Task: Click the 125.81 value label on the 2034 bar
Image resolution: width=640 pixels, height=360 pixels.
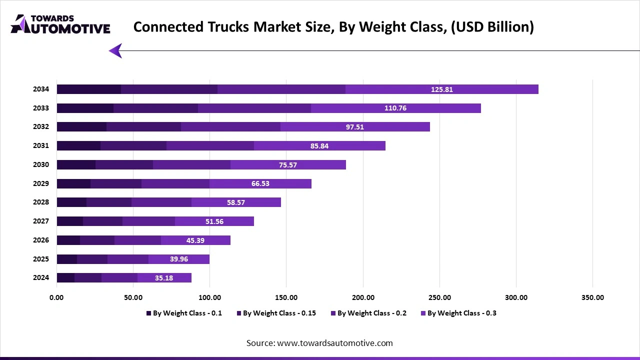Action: (x=442, y=89)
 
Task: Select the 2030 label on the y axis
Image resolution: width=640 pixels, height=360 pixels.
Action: (x=41, y=164)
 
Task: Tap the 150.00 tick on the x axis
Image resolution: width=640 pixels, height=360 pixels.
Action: (x=286, y=297)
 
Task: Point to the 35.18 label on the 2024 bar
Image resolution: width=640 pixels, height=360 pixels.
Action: (x=164, y=278)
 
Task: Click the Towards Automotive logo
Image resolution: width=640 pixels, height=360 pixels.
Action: (x=60, y=24)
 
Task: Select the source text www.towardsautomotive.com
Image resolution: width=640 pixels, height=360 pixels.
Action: (x=319, y=343)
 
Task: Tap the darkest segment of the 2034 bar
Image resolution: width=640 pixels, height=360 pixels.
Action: (x=89, y=89)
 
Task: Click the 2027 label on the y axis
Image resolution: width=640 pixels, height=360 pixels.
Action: (x=41, y=221)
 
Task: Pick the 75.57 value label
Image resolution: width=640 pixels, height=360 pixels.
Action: (x=288, y=165)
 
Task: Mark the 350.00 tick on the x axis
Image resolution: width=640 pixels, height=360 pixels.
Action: (x=592, y=297)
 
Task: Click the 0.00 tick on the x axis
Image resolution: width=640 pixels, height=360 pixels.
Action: (x=56, y=297)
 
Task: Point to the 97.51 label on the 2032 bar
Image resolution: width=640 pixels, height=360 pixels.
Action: (x=355, y=127)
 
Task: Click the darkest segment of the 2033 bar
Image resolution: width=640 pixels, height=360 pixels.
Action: (x=85, y=108)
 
